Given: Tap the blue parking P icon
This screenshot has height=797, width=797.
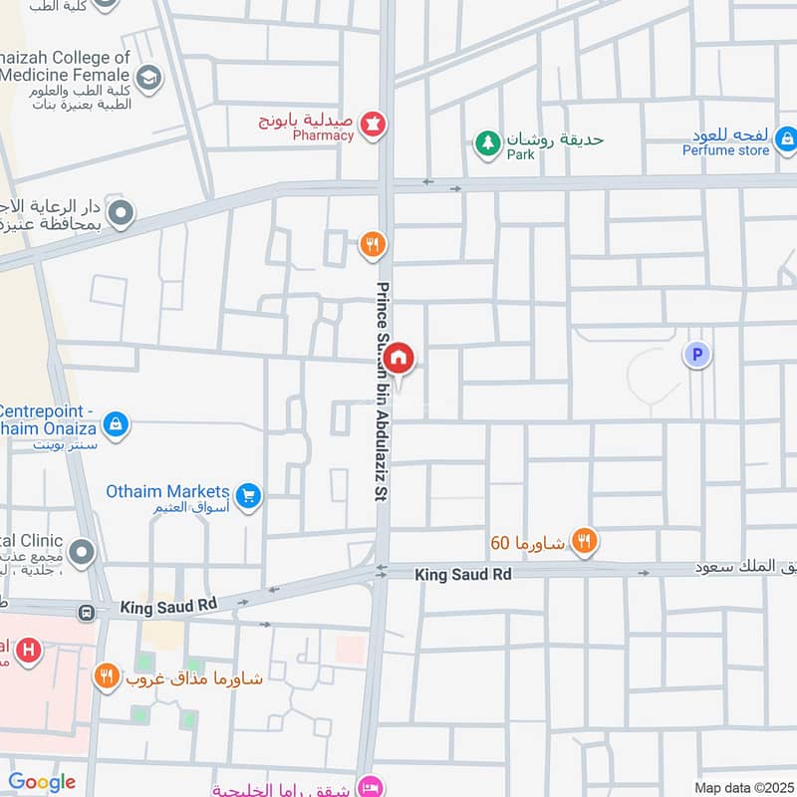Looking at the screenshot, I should pos(697,354).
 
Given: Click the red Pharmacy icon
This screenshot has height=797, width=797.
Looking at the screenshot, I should pos(374,125).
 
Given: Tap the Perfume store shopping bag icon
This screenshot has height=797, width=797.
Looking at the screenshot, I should pos(785,139).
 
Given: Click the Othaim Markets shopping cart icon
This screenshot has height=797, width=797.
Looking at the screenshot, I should pos(249,494).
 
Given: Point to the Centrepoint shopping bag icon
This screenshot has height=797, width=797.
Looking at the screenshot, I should pos(117,424).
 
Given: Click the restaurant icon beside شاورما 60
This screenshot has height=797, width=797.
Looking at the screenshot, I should pos(586,542).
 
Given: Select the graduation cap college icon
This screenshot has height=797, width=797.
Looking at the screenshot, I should pos(148,77).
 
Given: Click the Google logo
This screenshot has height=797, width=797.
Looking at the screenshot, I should pos(42,782).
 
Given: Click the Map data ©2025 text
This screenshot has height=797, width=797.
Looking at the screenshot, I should pos(743,787).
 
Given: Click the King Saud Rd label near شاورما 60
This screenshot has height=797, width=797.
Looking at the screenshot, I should pos(463,575).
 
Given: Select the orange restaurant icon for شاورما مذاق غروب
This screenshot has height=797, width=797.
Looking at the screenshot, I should pos(107,677).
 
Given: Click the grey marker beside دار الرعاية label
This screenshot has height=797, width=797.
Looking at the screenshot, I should pos(122,212).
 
